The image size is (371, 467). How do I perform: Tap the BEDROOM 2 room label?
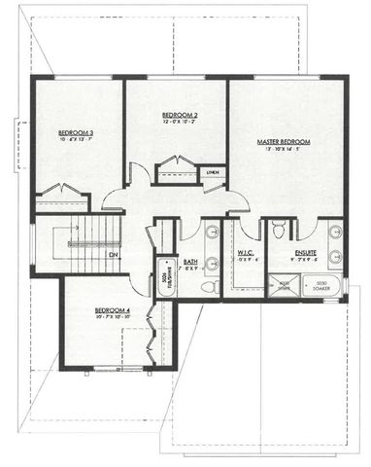180,115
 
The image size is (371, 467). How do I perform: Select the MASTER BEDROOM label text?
285,141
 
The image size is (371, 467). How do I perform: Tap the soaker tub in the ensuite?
320,286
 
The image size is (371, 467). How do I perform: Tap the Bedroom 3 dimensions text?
77,140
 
